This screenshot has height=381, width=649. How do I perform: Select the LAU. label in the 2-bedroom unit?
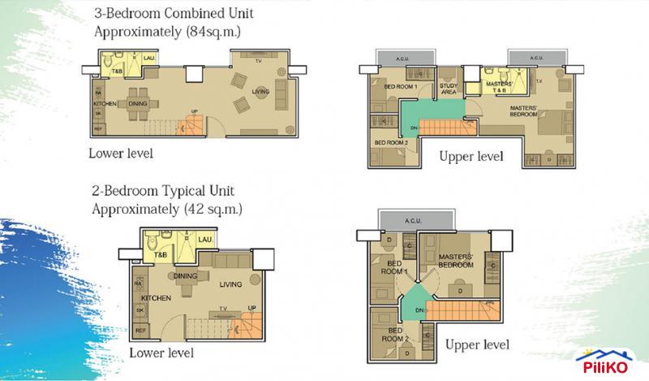[205, 241]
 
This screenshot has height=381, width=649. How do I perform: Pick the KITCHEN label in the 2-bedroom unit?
[159, 299]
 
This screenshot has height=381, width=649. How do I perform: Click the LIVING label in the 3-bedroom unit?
[260, 91]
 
